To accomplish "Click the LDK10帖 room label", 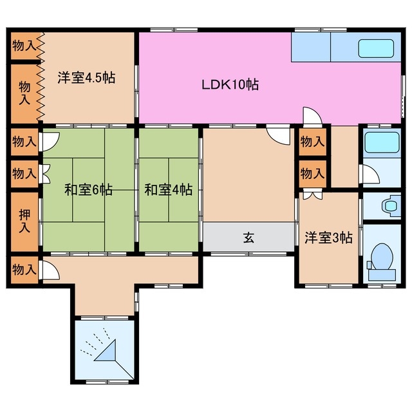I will pyautogui.click(x=230, y=84).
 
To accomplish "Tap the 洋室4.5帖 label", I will pyautogui.click(x=86, y=78).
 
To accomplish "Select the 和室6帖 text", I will pyautogui.click(x=88, y=190).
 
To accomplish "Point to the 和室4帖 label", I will pyautogui.click(x=167, y=190).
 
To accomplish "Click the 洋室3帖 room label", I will pyautogui.click(x=328, y=238).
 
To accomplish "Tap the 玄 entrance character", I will pyautogui.click(x=248, y=238).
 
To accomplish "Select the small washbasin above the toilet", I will pyautogui.click(x=389, y=207).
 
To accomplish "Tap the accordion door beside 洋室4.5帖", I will pyautogui.click(x=41, y=77).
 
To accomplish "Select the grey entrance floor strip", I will pyautogui.click(x=248, y=238).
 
